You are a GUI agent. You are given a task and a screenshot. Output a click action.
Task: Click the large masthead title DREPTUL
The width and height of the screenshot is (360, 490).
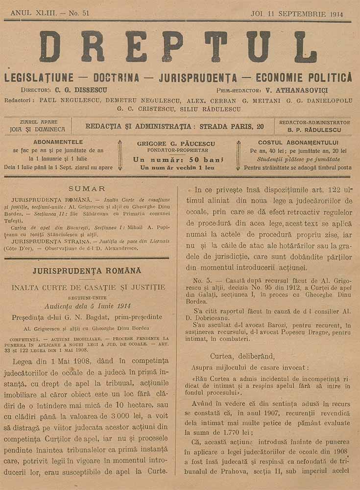[179, 47]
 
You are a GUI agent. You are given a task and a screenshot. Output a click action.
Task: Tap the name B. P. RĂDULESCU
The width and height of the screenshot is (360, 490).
[314, 130]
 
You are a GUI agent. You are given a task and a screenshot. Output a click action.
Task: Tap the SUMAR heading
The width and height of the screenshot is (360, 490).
[87, 189]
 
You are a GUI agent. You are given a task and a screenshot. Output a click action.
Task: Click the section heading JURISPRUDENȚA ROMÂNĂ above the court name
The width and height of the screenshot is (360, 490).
[87, 270]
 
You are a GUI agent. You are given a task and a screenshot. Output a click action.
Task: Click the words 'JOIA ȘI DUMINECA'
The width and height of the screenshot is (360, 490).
[37, 130]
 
